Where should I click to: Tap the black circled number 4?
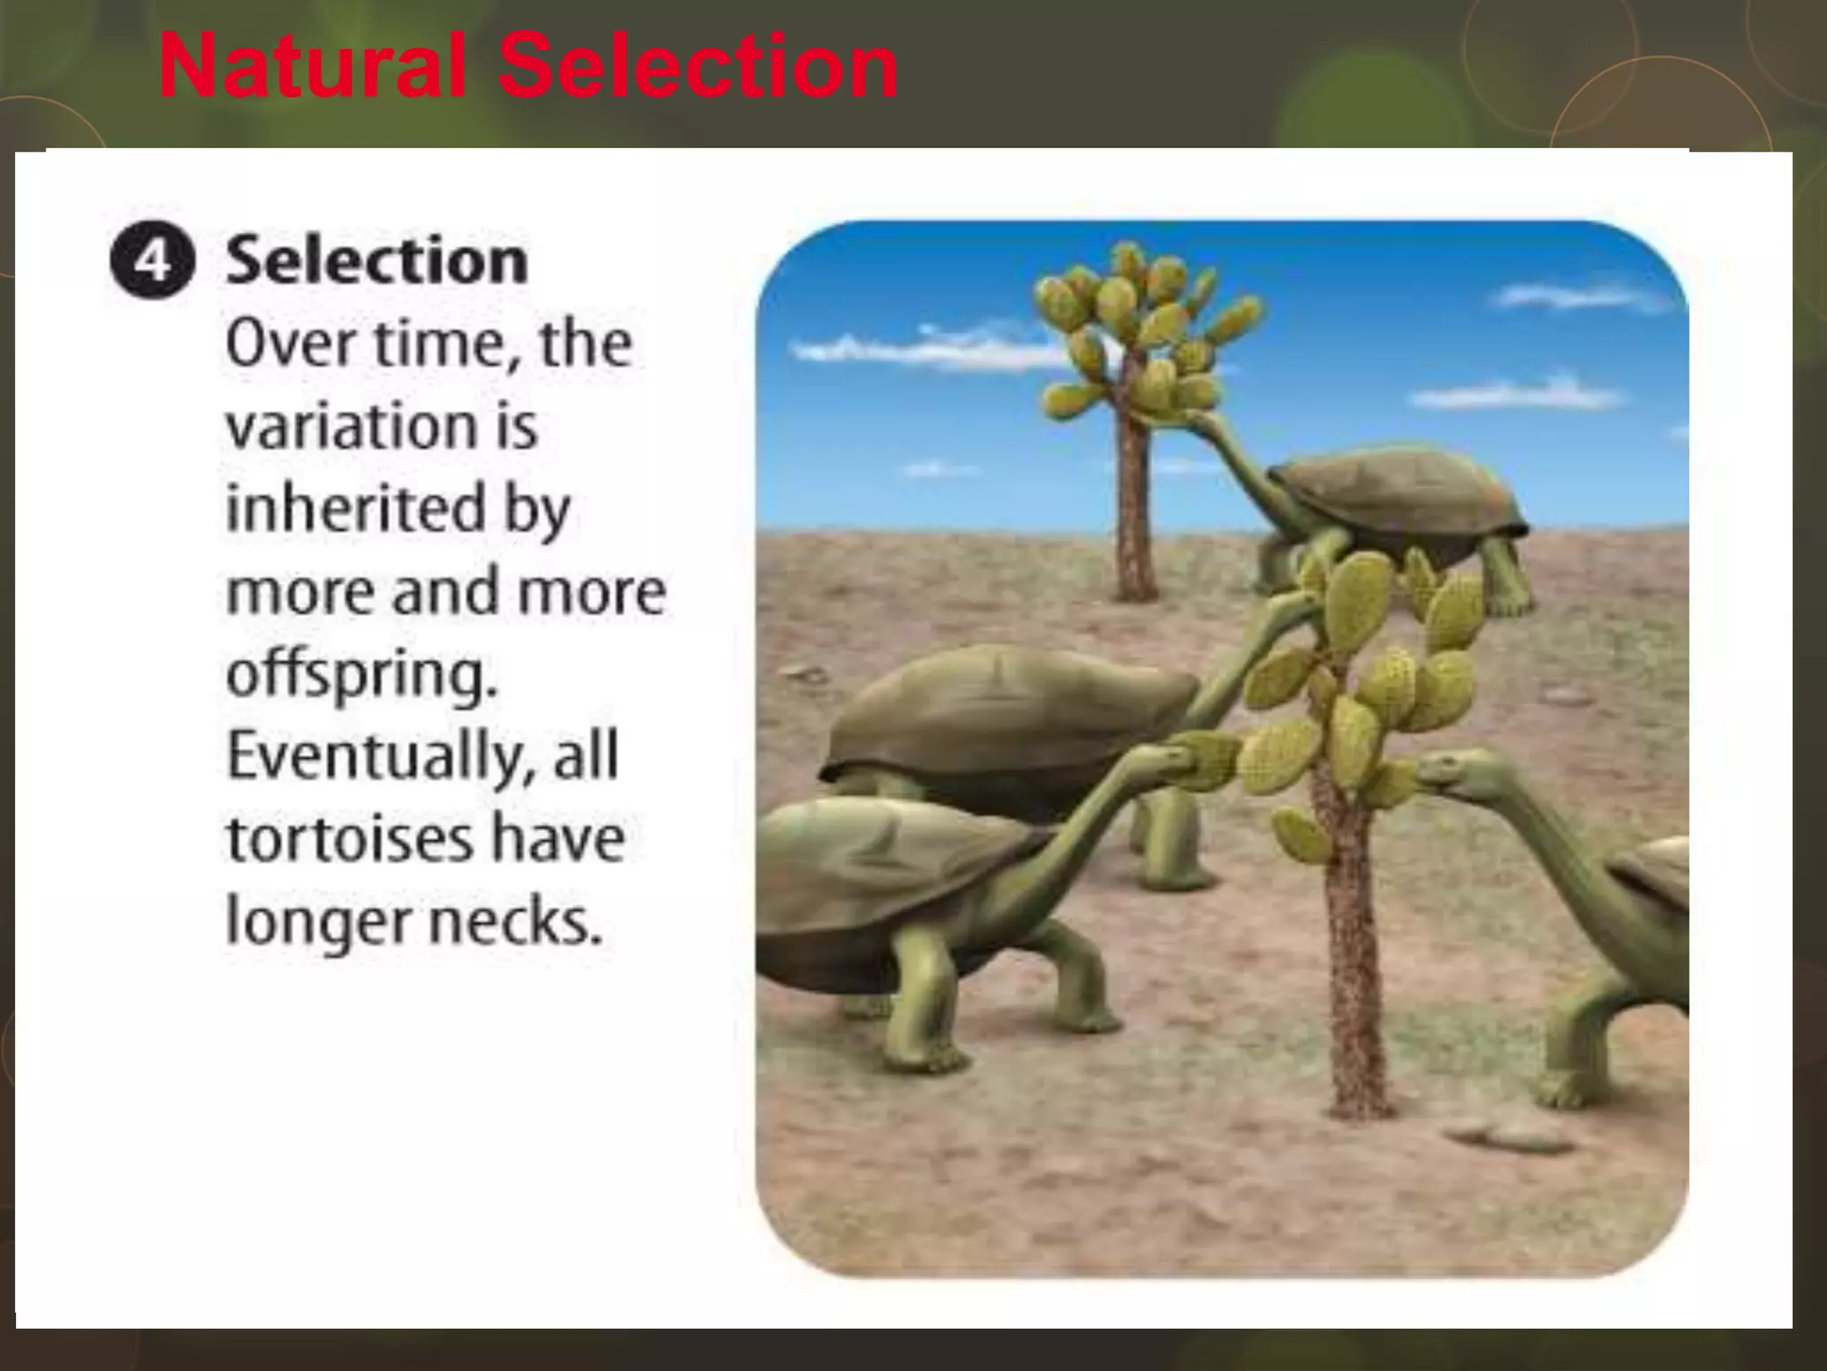tap(153, 262)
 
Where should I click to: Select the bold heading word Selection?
tap(376, 261)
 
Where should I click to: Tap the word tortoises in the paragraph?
tap(349, 838)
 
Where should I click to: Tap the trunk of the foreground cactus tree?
tap(1352, 964)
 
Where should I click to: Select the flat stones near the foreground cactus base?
tap(1508, 1135)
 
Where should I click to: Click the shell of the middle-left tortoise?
tap(1008, 710)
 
